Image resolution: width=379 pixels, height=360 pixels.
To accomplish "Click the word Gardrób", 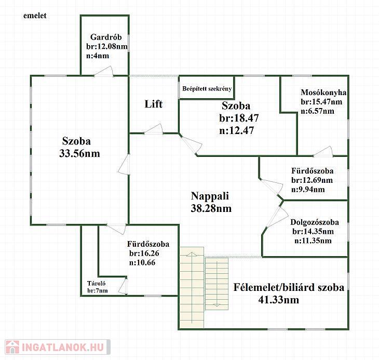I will [x=105, y=37].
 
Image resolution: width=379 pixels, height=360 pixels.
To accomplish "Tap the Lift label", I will [x=153, y=104].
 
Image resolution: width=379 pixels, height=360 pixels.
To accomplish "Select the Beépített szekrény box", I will [x=207, y=88].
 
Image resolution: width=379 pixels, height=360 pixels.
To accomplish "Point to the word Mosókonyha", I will [x=323, y=93].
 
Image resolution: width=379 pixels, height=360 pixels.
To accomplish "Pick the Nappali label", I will [x=210, y=196].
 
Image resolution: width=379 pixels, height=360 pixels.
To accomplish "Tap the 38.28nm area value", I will [x=211, y=208].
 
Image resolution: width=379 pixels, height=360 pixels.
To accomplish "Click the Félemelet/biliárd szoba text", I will [x=288, y=288].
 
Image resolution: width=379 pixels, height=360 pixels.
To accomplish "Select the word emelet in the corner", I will [x=35, y=16].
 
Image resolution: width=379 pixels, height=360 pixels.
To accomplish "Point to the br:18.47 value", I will [x=239, y=118].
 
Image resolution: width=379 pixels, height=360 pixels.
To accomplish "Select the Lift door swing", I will [x=154, y=129].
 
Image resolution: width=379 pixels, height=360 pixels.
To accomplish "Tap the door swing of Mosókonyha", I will [x=322, y=152].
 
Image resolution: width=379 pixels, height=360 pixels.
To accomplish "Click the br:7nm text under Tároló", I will [x=98, y=290].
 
